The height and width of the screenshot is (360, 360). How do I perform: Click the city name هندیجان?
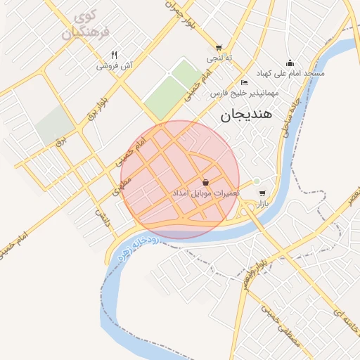coord(250,115)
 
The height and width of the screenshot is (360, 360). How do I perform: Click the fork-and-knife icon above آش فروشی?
coord(114,55)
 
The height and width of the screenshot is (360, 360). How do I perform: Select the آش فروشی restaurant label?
coord(114,65)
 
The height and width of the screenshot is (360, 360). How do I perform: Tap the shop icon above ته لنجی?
coord(219,48)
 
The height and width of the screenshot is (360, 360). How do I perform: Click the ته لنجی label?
coord(219,58)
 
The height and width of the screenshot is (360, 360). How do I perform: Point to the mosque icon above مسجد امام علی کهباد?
coord(289,63)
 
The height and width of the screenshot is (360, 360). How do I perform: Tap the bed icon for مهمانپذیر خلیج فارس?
coord(245,82)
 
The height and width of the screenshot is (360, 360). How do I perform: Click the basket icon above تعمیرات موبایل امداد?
coord(205,182)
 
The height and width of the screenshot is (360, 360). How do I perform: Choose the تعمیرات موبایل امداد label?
coord(206,193)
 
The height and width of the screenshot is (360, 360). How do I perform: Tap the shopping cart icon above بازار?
coord(262,193)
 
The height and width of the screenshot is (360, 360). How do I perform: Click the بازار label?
coord(261,203)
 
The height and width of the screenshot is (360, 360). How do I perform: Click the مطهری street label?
coord(121,186)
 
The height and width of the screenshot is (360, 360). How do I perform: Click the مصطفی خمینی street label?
coord(276,323)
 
